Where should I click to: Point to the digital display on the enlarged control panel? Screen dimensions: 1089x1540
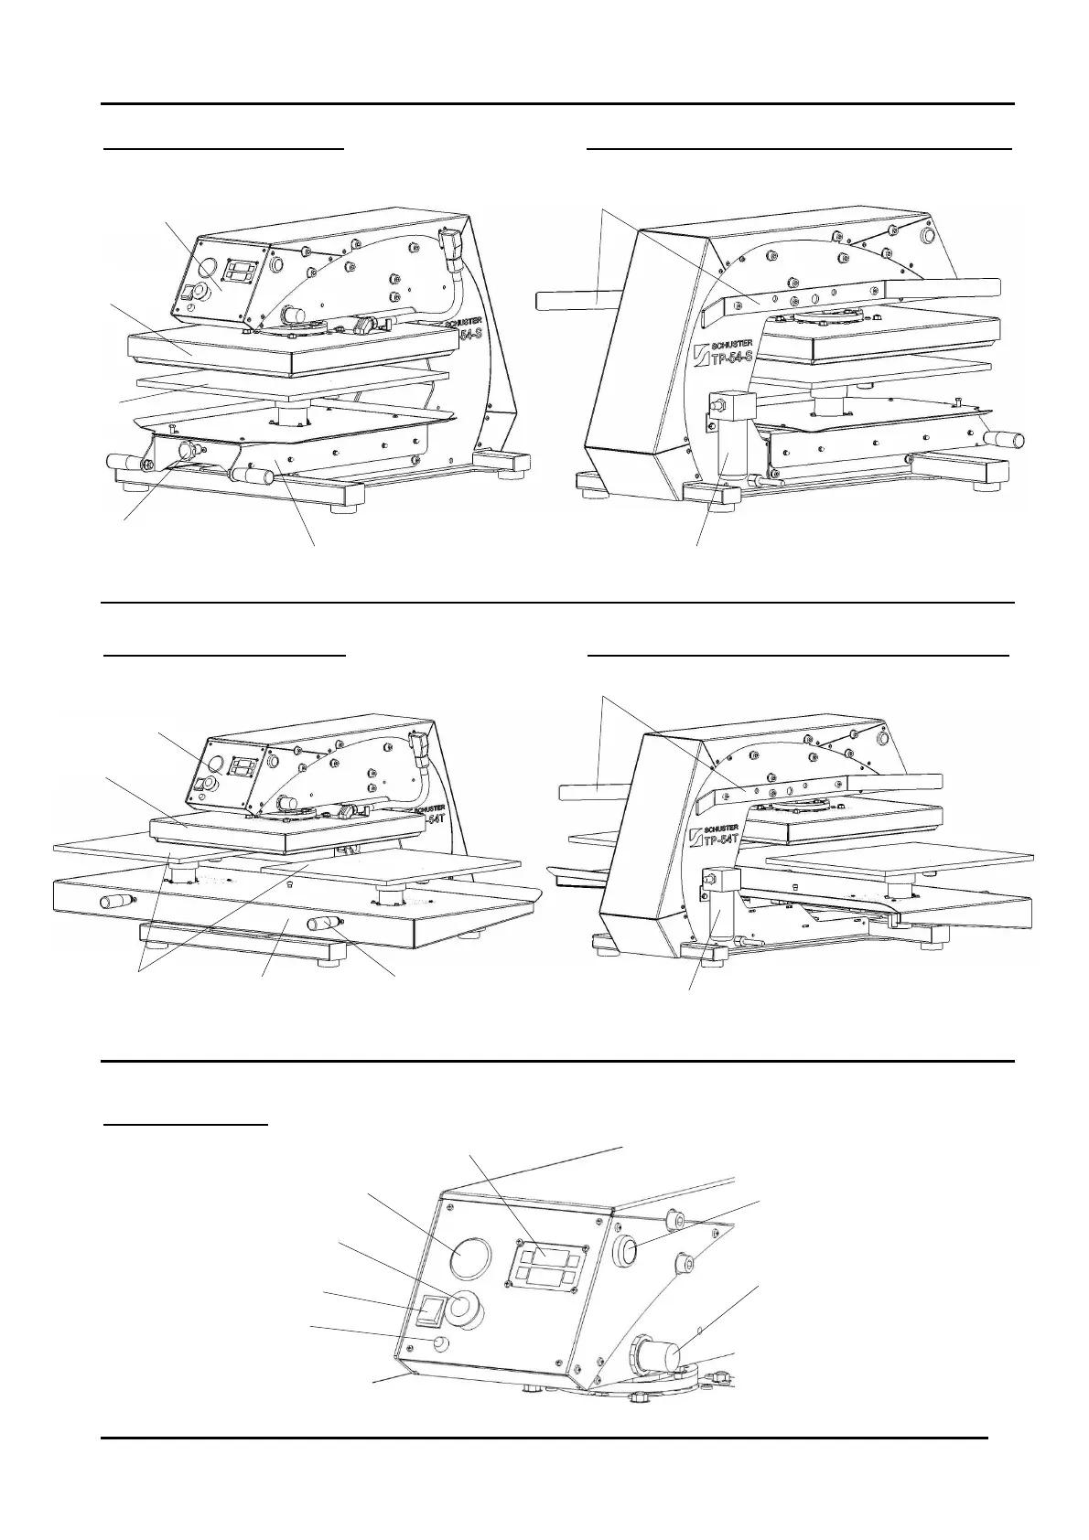click(x=547, y=1267)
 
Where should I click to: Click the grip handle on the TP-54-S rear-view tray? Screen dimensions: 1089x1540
click(x=1002, y=438)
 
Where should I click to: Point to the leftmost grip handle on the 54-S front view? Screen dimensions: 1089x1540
click(x=123, y=461)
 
